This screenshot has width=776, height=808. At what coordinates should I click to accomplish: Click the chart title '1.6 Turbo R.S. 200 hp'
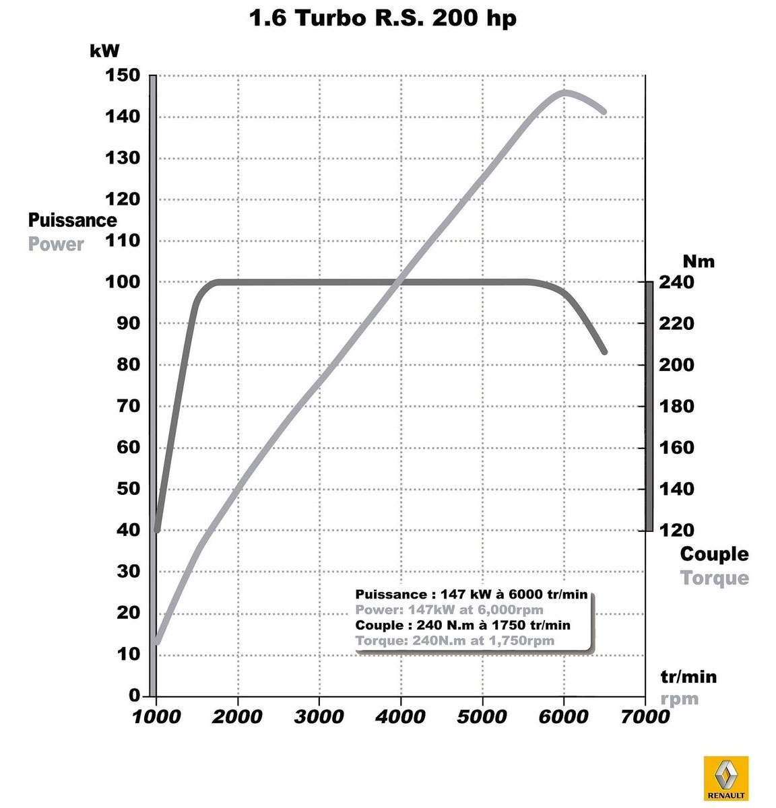tap(383, 18)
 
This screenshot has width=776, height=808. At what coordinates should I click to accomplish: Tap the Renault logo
tap(725, 778)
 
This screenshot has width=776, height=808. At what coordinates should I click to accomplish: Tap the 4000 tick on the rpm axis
tap(401, 716)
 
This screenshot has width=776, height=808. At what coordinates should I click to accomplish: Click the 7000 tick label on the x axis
tap(645, 716)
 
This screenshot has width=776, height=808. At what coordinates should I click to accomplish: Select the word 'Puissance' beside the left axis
tap(72, 220)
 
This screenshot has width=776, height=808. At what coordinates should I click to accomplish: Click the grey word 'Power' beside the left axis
tap(56, 244)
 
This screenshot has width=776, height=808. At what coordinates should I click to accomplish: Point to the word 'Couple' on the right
tap(714, 554)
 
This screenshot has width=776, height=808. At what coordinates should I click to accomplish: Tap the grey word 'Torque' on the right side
tap(714, 578)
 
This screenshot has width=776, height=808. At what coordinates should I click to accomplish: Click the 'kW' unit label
tap(104, 50)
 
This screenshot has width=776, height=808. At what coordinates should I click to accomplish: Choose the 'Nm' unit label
tap(698, 261)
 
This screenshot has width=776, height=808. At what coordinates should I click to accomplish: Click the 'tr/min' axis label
tap(688, 677)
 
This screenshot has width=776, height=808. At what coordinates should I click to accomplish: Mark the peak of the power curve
tap(564, 92)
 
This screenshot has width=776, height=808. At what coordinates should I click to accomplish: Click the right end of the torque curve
tap(604, 351)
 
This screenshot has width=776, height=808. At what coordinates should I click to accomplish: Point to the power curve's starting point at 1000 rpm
tap(157, 642)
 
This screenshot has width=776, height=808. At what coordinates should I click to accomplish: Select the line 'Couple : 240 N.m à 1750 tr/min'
tap(462, 625)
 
